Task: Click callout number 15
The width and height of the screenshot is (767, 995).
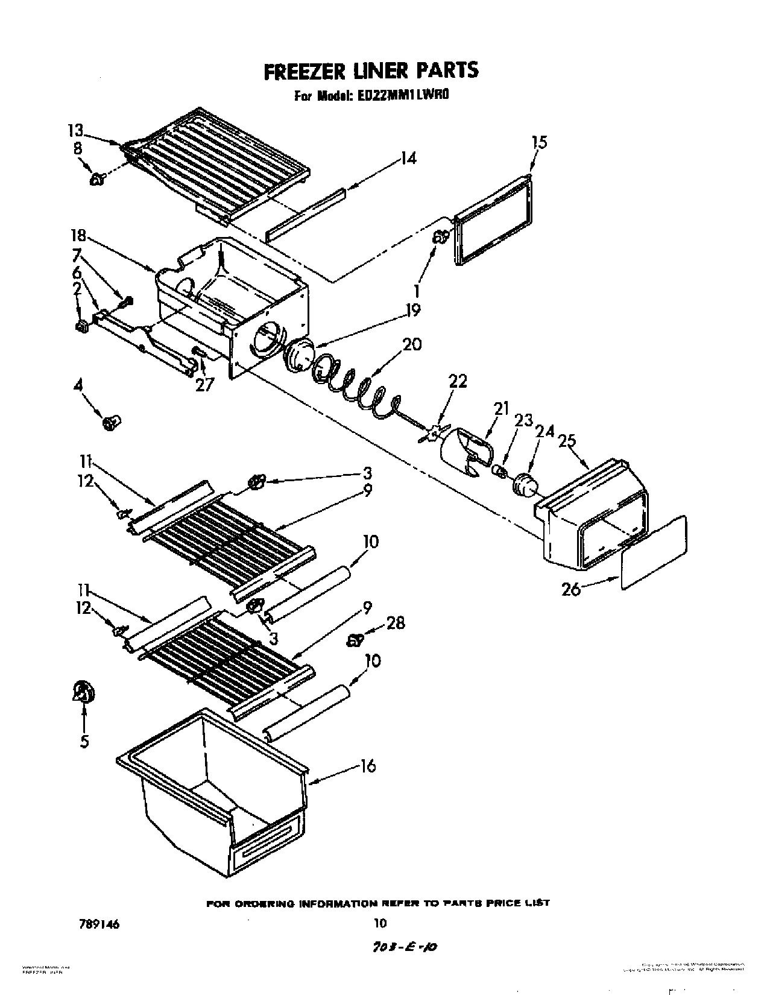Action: point(539,142)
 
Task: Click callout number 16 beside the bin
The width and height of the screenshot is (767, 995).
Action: point(367,766)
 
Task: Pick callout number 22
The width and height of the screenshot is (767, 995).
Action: point(458,382)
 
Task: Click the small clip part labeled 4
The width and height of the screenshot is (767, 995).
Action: point(111,423)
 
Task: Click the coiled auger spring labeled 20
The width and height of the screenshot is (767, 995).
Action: point(356,386)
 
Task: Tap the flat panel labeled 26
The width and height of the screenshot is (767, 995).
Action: point(654,552)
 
